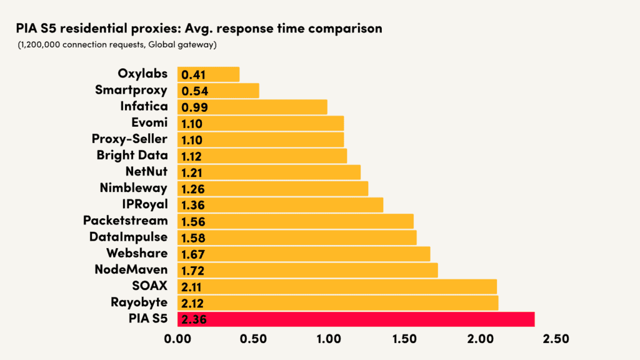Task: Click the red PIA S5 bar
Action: tap(356, 319)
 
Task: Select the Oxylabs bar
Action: tap(208, 74)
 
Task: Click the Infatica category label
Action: tap(144, 106)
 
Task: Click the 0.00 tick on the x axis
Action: tap(177, 339)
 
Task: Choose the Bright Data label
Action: tap(132, 155)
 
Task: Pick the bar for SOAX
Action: tap(337, 286)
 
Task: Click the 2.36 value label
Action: tap(194, 319)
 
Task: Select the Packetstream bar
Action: tap(295, 221)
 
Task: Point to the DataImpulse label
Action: tap(128, 237)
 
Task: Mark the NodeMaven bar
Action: tap(307, 270)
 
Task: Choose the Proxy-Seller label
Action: tap(129, 139)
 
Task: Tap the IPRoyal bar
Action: tap(280, 204)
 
